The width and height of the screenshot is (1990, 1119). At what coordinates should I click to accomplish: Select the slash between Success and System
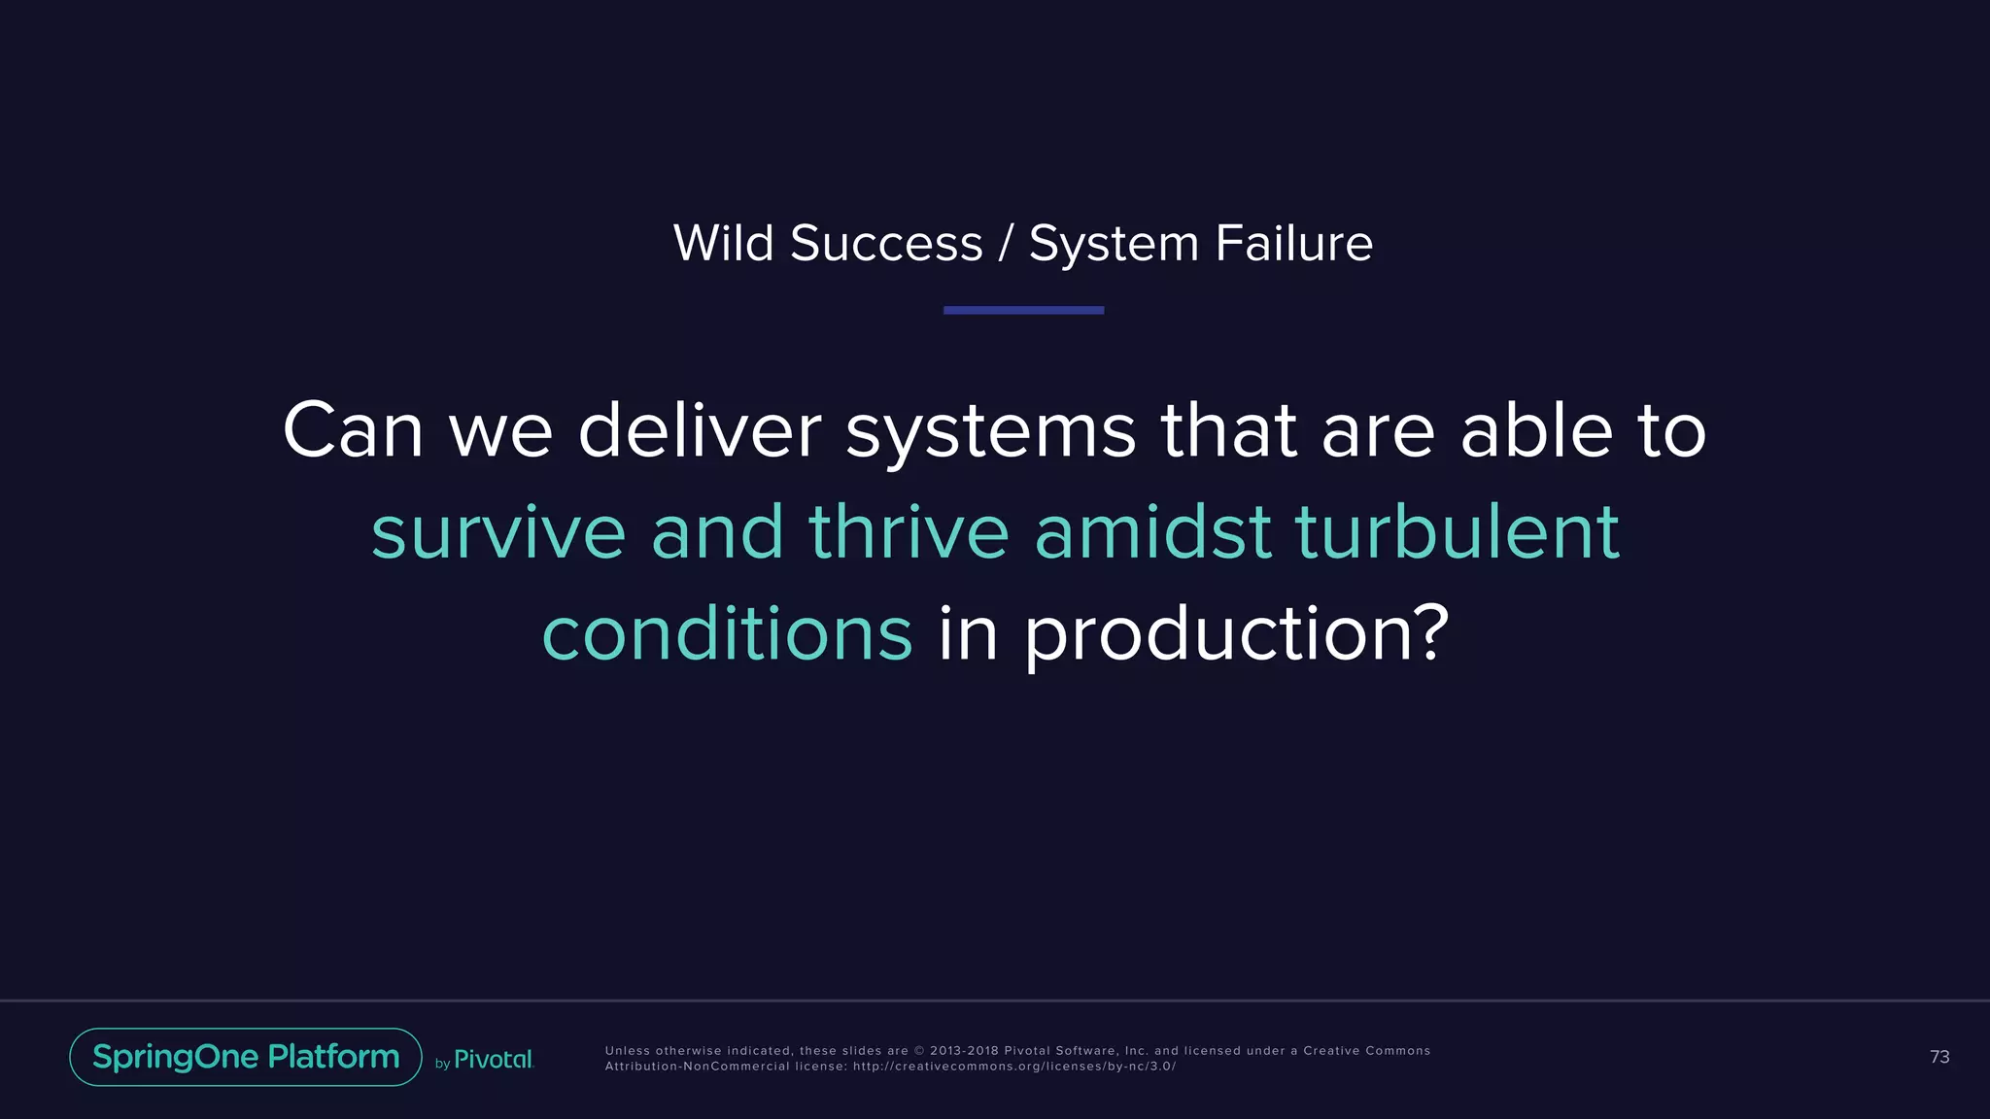point(1005,243)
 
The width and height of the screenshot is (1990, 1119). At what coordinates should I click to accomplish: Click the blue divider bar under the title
point(1023,310)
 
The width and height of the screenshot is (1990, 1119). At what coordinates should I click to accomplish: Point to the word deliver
point(700,430)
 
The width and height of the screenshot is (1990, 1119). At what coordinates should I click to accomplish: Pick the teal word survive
point(498,533)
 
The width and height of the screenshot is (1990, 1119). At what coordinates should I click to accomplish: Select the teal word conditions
point(727,634)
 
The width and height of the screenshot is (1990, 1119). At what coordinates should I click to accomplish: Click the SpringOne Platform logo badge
point(246,1057)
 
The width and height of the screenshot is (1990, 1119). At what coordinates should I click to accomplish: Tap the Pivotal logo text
point(494,1060)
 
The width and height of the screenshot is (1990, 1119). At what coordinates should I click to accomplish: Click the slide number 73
point(1939,1057)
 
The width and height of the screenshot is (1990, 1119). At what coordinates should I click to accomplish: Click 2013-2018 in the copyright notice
point(963,1051)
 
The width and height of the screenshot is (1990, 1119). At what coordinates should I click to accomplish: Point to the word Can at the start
point(353,430)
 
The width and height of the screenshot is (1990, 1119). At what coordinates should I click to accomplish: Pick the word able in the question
point(1536,430)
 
